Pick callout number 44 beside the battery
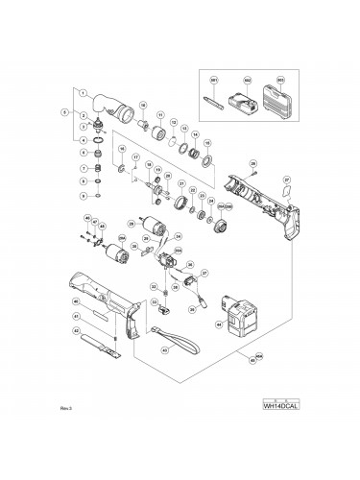coord(219,324)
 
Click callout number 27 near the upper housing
coord(286,179)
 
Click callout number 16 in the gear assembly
coord(122,150)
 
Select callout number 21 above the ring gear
coord(182,182)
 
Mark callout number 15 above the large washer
coord(207,143)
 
